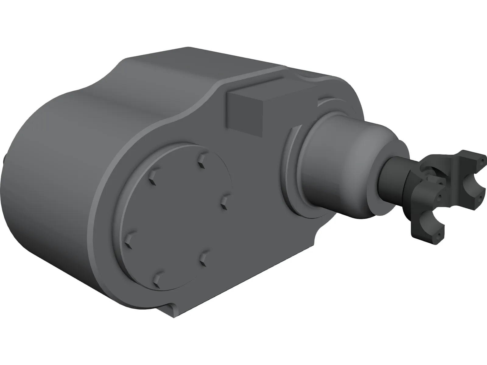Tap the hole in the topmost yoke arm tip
point(482,158)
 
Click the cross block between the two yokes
point(432,176)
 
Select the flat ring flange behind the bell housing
point(294,170)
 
